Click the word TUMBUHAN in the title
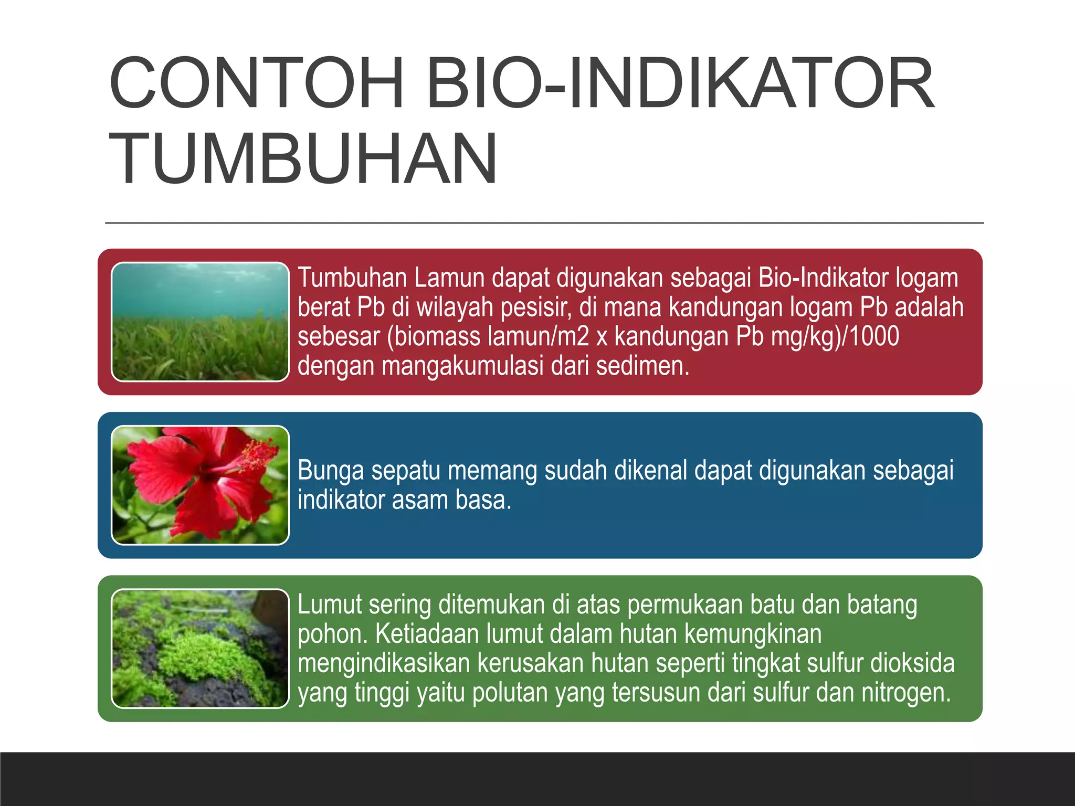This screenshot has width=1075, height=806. (x=303, y=159)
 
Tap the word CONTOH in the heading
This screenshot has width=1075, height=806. (x=256, y=84)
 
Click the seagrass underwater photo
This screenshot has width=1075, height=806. (x=200, y=322)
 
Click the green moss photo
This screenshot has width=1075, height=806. (x=200, y=648)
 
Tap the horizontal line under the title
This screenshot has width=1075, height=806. (x=544, y=223)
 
